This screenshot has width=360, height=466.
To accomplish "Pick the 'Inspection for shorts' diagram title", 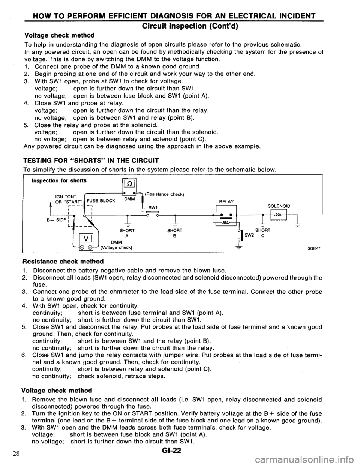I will coord(56,180).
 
